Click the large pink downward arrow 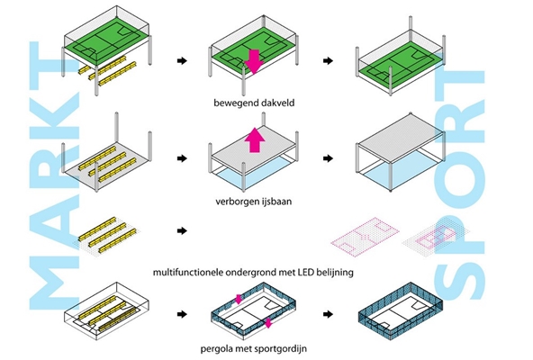254,62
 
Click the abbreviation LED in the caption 306,273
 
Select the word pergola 214,349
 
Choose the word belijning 335,273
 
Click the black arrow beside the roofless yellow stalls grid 182,230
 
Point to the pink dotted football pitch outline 365,237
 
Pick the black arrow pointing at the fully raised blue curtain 328,314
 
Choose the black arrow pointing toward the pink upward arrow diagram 182,158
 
